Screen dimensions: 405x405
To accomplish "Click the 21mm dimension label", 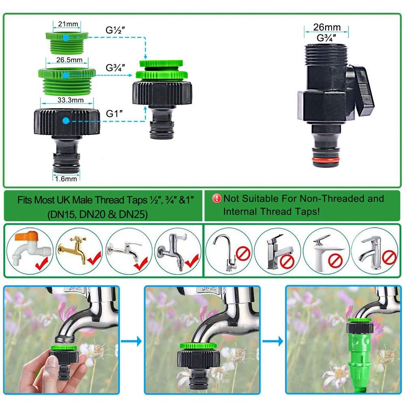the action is (x=68, y=24).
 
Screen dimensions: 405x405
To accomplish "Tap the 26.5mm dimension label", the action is (x=69, y=60).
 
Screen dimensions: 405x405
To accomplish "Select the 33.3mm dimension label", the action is (x=70, y=100).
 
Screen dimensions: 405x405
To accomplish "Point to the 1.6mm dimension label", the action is (x=66, y=179).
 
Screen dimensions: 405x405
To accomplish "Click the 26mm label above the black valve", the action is (x=327, y=27).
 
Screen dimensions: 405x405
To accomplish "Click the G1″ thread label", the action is (x=114, y=113).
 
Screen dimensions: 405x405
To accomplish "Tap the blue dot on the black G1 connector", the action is (x=66, y=121).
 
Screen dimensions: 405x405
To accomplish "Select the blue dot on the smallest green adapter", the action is (x=66, y=38).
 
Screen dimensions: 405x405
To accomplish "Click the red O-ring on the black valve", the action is (x=326, y=160).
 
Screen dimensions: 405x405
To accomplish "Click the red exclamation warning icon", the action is (x=217, y=198).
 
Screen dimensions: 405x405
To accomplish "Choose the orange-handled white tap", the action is (x=28, y=248).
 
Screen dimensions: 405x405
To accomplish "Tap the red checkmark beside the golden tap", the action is (x=94, y=258).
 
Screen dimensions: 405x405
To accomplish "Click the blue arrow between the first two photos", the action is (x=132, y=341).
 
